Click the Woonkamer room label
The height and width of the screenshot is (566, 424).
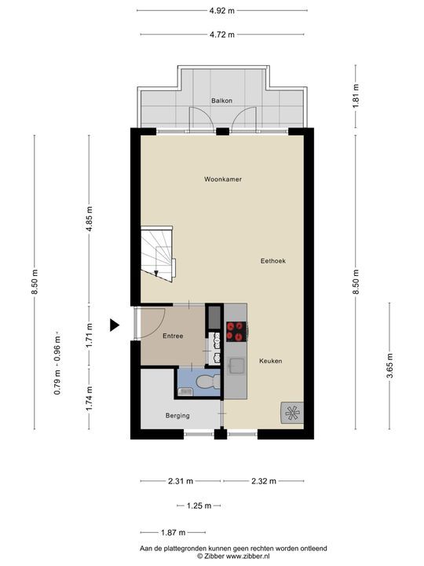click(x=222, y=179)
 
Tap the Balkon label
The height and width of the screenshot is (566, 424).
click(x=221, y=101)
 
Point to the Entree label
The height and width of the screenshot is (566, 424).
click(x=173, y=336)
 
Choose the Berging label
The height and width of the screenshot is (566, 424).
click(x=177, y=416)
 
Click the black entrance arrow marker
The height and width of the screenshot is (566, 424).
click(x=114, y=325)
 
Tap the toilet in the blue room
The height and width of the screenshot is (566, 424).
click(x=206, y=383)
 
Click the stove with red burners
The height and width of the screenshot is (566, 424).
click(x=236, y=332)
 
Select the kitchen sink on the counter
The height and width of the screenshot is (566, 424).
click(x=236, y=366)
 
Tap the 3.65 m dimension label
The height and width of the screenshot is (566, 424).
click(x=389, y=366)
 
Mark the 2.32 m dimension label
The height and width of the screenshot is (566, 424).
click(x=263, y=480)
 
